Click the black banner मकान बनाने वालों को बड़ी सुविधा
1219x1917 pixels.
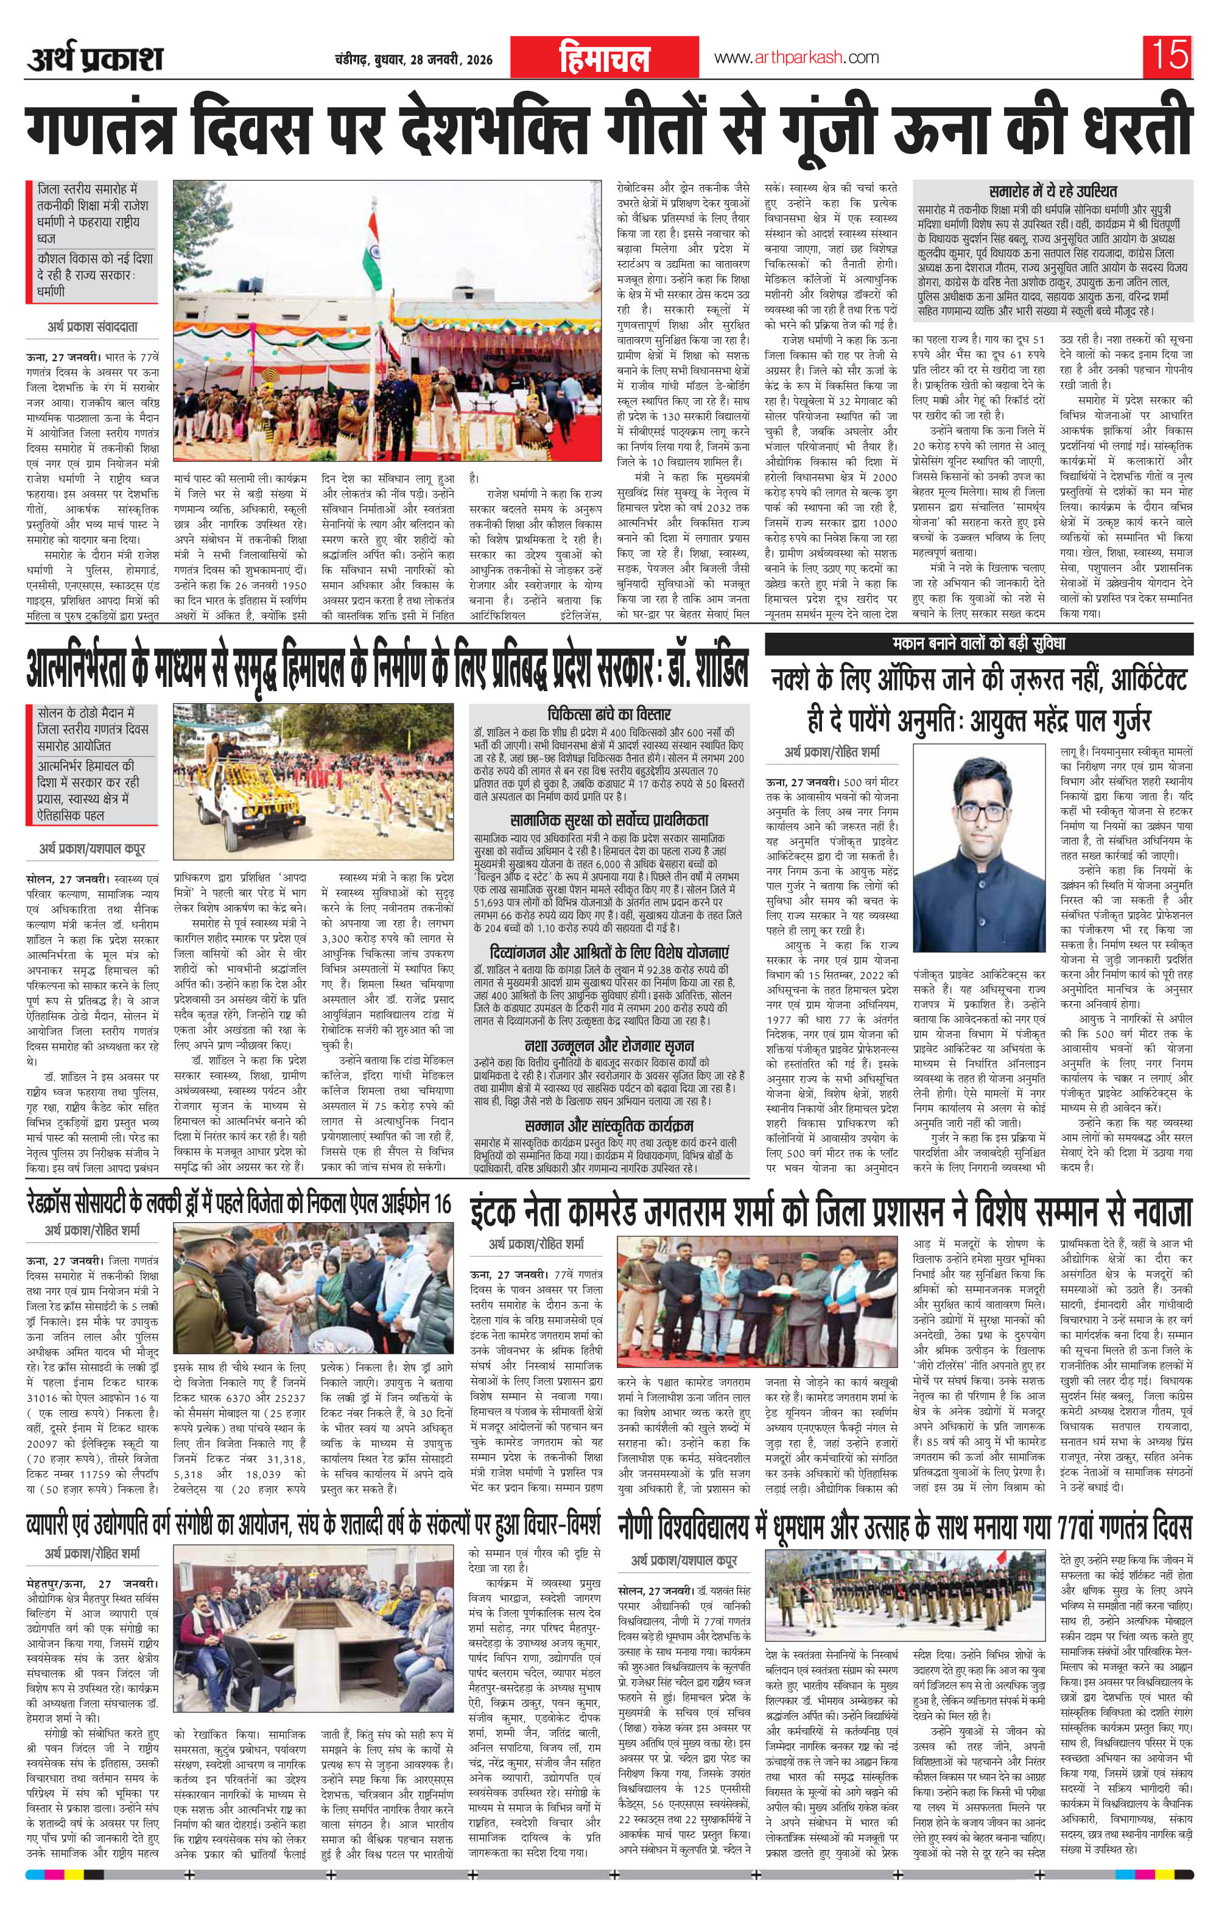click(x=978, y=643)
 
